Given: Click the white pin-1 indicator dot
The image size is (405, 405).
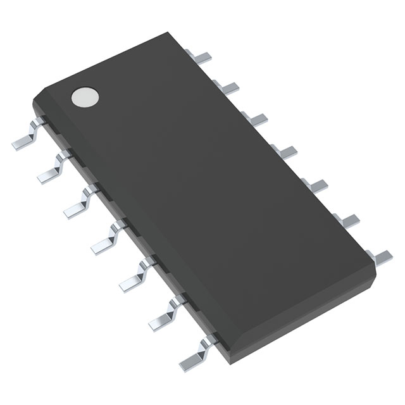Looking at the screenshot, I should (85, 96).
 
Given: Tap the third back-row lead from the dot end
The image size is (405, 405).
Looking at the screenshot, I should (256, 118).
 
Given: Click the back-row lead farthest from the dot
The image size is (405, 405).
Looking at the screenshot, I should (380, 256).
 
